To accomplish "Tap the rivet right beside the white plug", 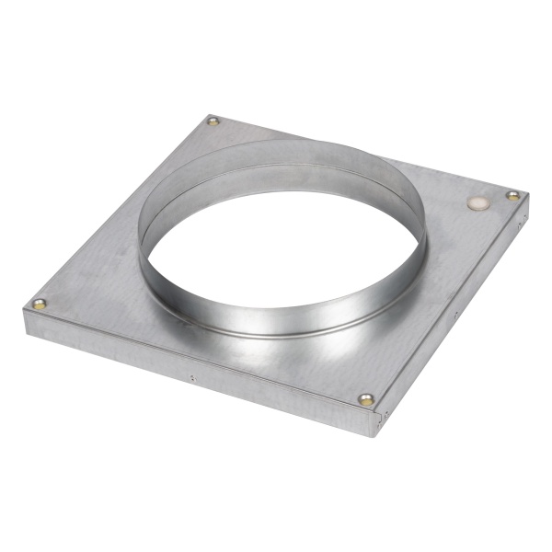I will point(512,195).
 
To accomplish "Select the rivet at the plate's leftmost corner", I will point(39,303).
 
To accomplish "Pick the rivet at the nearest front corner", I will point(367,400).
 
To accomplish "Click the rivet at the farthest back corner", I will point(213,121).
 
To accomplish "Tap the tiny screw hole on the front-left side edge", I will point(192,376).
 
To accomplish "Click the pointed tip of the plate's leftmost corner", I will point(25,307).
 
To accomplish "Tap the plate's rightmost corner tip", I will point(527,195).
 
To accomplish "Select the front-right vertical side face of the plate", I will point(460,313).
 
